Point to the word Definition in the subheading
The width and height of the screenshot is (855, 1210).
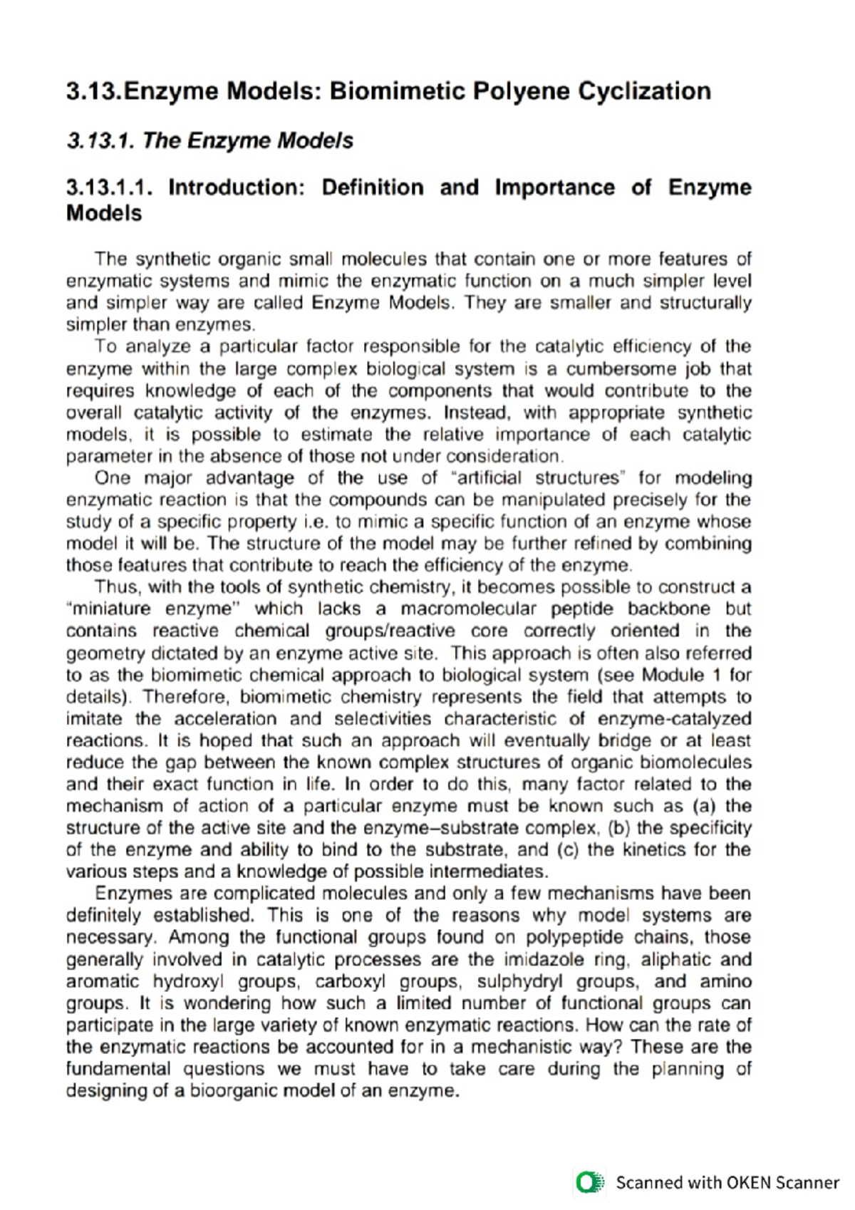point(373,187)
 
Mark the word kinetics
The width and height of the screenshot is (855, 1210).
point(652,850)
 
